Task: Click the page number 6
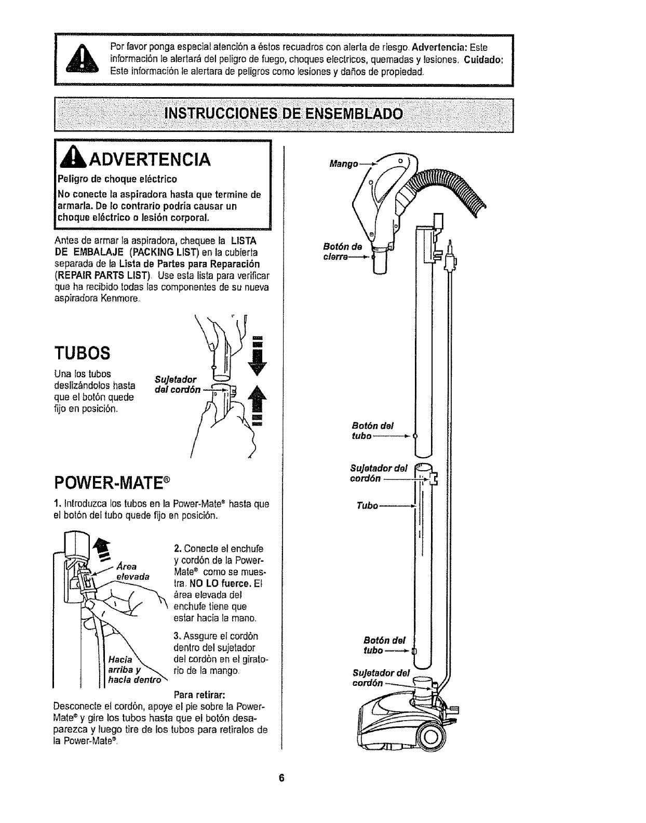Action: pos(281,793)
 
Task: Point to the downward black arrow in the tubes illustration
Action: pos(255,356)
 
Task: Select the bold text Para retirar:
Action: pos(199,695)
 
